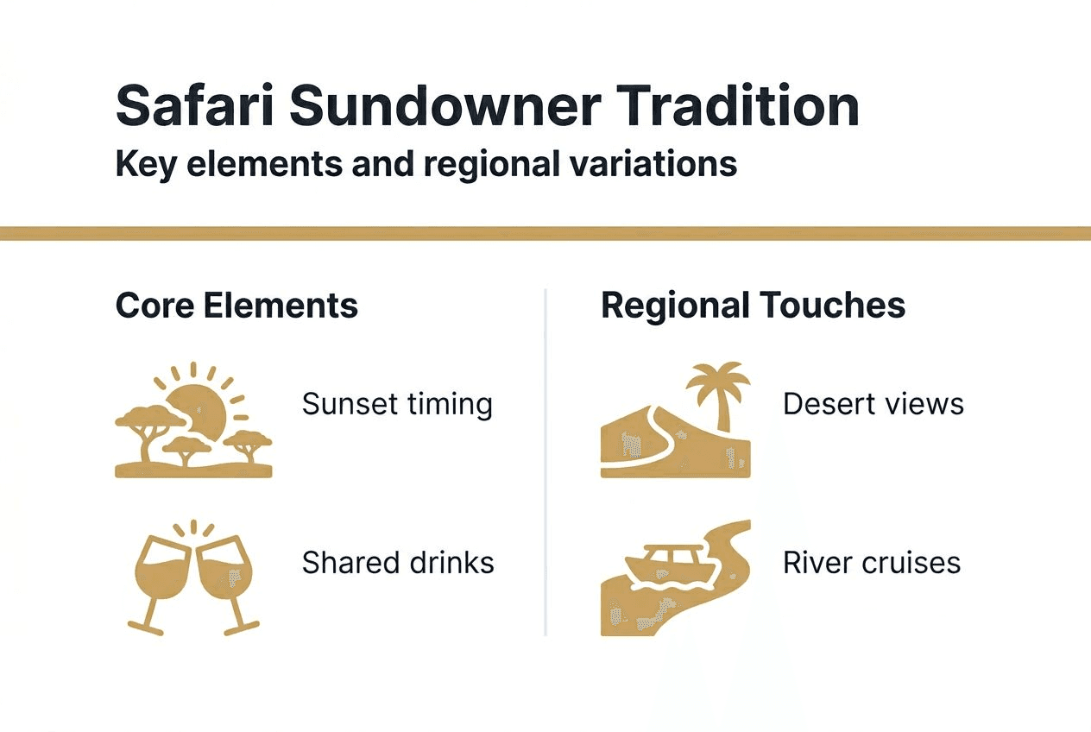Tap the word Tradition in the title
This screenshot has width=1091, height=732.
click(737, 107)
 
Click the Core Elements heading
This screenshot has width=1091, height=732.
click(236, 306)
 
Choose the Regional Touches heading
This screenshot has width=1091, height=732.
click(753, 306)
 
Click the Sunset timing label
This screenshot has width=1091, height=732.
click(397, 404)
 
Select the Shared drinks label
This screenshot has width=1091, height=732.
click(398, 563)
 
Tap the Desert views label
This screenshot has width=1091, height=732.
click(873, 404)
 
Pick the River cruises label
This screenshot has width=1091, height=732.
click(871, 563)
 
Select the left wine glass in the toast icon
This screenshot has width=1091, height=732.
click(162, 574)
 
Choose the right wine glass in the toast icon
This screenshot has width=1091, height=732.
click(224, 574)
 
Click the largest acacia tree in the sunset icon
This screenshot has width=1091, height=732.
click(145, 423)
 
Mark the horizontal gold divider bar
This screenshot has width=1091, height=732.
click(545, 233)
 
